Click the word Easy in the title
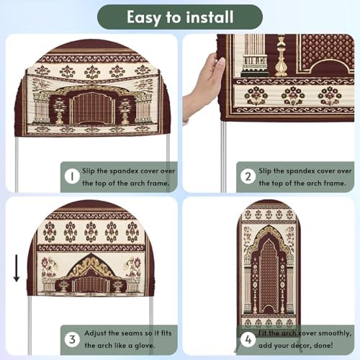(143, 17)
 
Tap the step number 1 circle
(72, 176)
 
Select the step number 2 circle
(248, 176)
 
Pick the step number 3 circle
(72, 340)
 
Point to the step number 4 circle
(248, 340)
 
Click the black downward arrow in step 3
(17, 268)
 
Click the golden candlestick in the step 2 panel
(281, 55)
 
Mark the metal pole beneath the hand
(223, 156)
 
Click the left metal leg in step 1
(17, 163)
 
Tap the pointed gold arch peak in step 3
(91, 254)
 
